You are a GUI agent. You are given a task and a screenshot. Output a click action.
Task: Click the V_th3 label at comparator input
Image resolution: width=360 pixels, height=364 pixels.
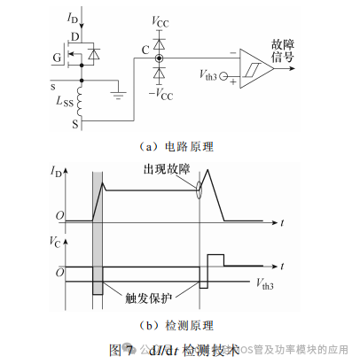pyautogui.click(x=205, y=78)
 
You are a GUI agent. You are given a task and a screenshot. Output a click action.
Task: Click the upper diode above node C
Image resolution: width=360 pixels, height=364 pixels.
pyautogui.click(x=160, y=41)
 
